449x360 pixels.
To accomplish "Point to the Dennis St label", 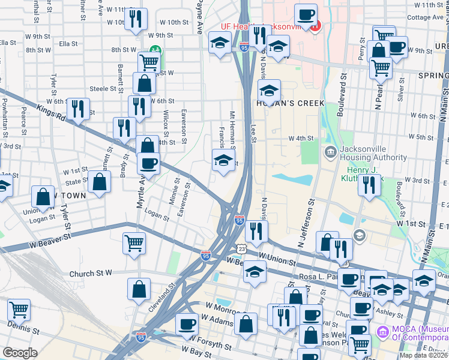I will click(23, 330).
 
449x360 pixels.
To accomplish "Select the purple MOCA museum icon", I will click(382, 331).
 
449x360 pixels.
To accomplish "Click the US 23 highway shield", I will click(241, 247).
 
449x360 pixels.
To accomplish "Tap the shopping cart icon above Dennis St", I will click(19, 310).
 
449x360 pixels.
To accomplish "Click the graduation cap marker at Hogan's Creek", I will click(270, 91).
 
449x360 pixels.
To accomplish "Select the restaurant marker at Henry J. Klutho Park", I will click(369, 185).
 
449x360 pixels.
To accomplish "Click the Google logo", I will click(20, 353).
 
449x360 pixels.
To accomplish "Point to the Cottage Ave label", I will click(423, 17).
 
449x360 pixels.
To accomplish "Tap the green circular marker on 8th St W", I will click(155, 50).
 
